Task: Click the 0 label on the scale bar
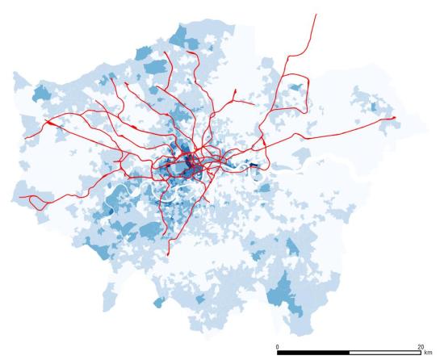coord(278,346)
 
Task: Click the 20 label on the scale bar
coord(420,346)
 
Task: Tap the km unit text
coord(427,354)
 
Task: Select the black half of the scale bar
coord(313,353)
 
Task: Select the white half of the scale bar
coord(384,353)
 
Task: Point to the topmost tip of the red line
coord(315,14)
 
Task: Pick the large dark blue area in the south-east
coord(283,292)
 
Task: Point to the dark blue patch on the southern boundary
coord(158,302)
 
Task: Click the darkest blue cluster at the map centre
coord(191,165)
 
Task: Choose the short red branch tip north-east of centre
coord(234,96)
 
